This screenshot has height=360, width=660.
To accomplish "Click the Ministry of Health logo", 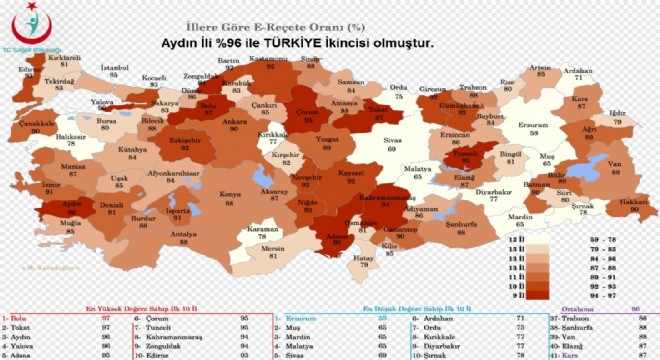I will click(x=31, y=31).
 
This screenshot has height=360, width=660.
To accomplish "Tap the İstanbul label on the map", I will click(x=115, y=71).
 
